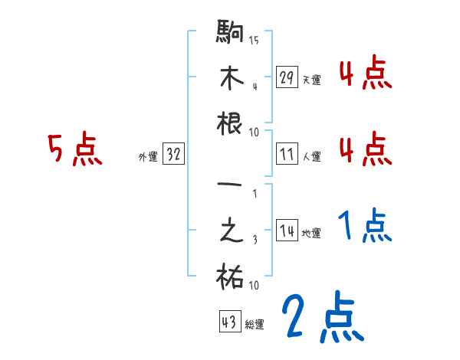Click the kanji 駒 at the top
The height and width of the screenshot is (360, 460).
231,34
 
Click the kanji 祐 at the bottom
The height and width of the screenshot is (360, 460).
231,277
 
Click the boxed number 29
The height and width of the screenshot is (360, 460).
287,77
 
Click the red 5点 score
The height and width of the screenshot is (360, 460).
74,150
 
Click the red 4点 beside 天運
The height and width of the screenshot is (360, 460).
365,74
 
